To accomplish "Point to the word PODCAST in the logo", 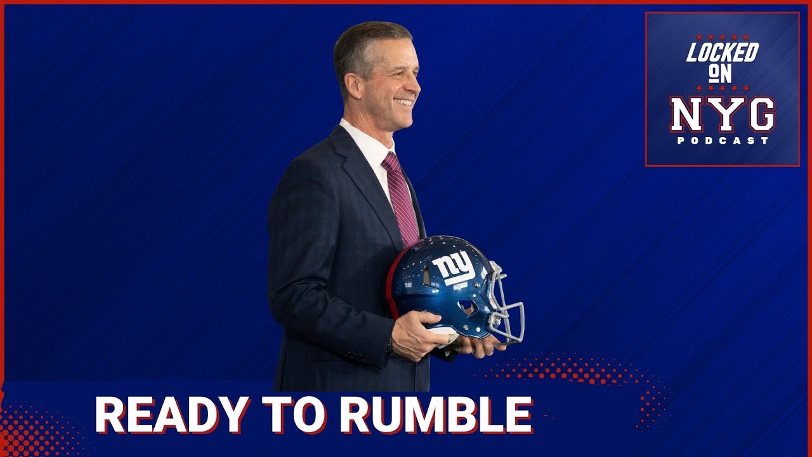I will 723,141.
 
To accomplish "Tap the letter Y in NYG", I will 723,115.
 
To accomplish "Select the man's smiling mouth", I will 403,102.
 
